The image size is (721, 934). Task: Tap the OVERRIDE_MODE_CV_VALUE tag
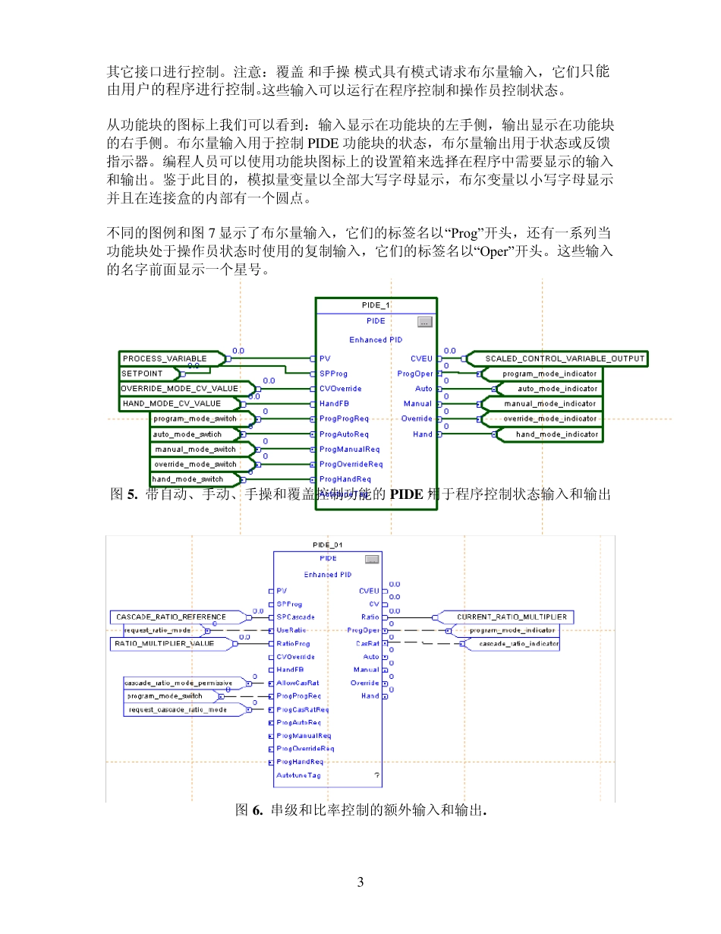[179, 389]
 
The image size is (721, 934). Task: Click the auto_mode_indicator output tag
[548, 389]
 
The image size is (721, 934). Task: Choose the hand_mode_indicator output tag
[548, 434]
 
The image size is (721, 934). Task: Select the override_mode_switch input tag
[194, 464]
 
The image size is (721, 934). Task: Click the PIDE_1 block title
[376, 305]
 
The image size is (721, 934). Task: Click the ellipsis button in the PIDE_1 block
[424, 322]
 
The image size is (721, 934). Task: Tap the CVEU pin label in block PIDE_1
[421, 358]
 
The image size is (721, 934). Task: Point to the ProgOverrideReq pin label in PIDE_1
[351, 464]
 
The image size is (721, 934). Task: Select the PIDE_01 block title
[328, 544]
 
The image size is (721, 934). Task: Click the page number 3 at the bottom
[360, 882]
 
